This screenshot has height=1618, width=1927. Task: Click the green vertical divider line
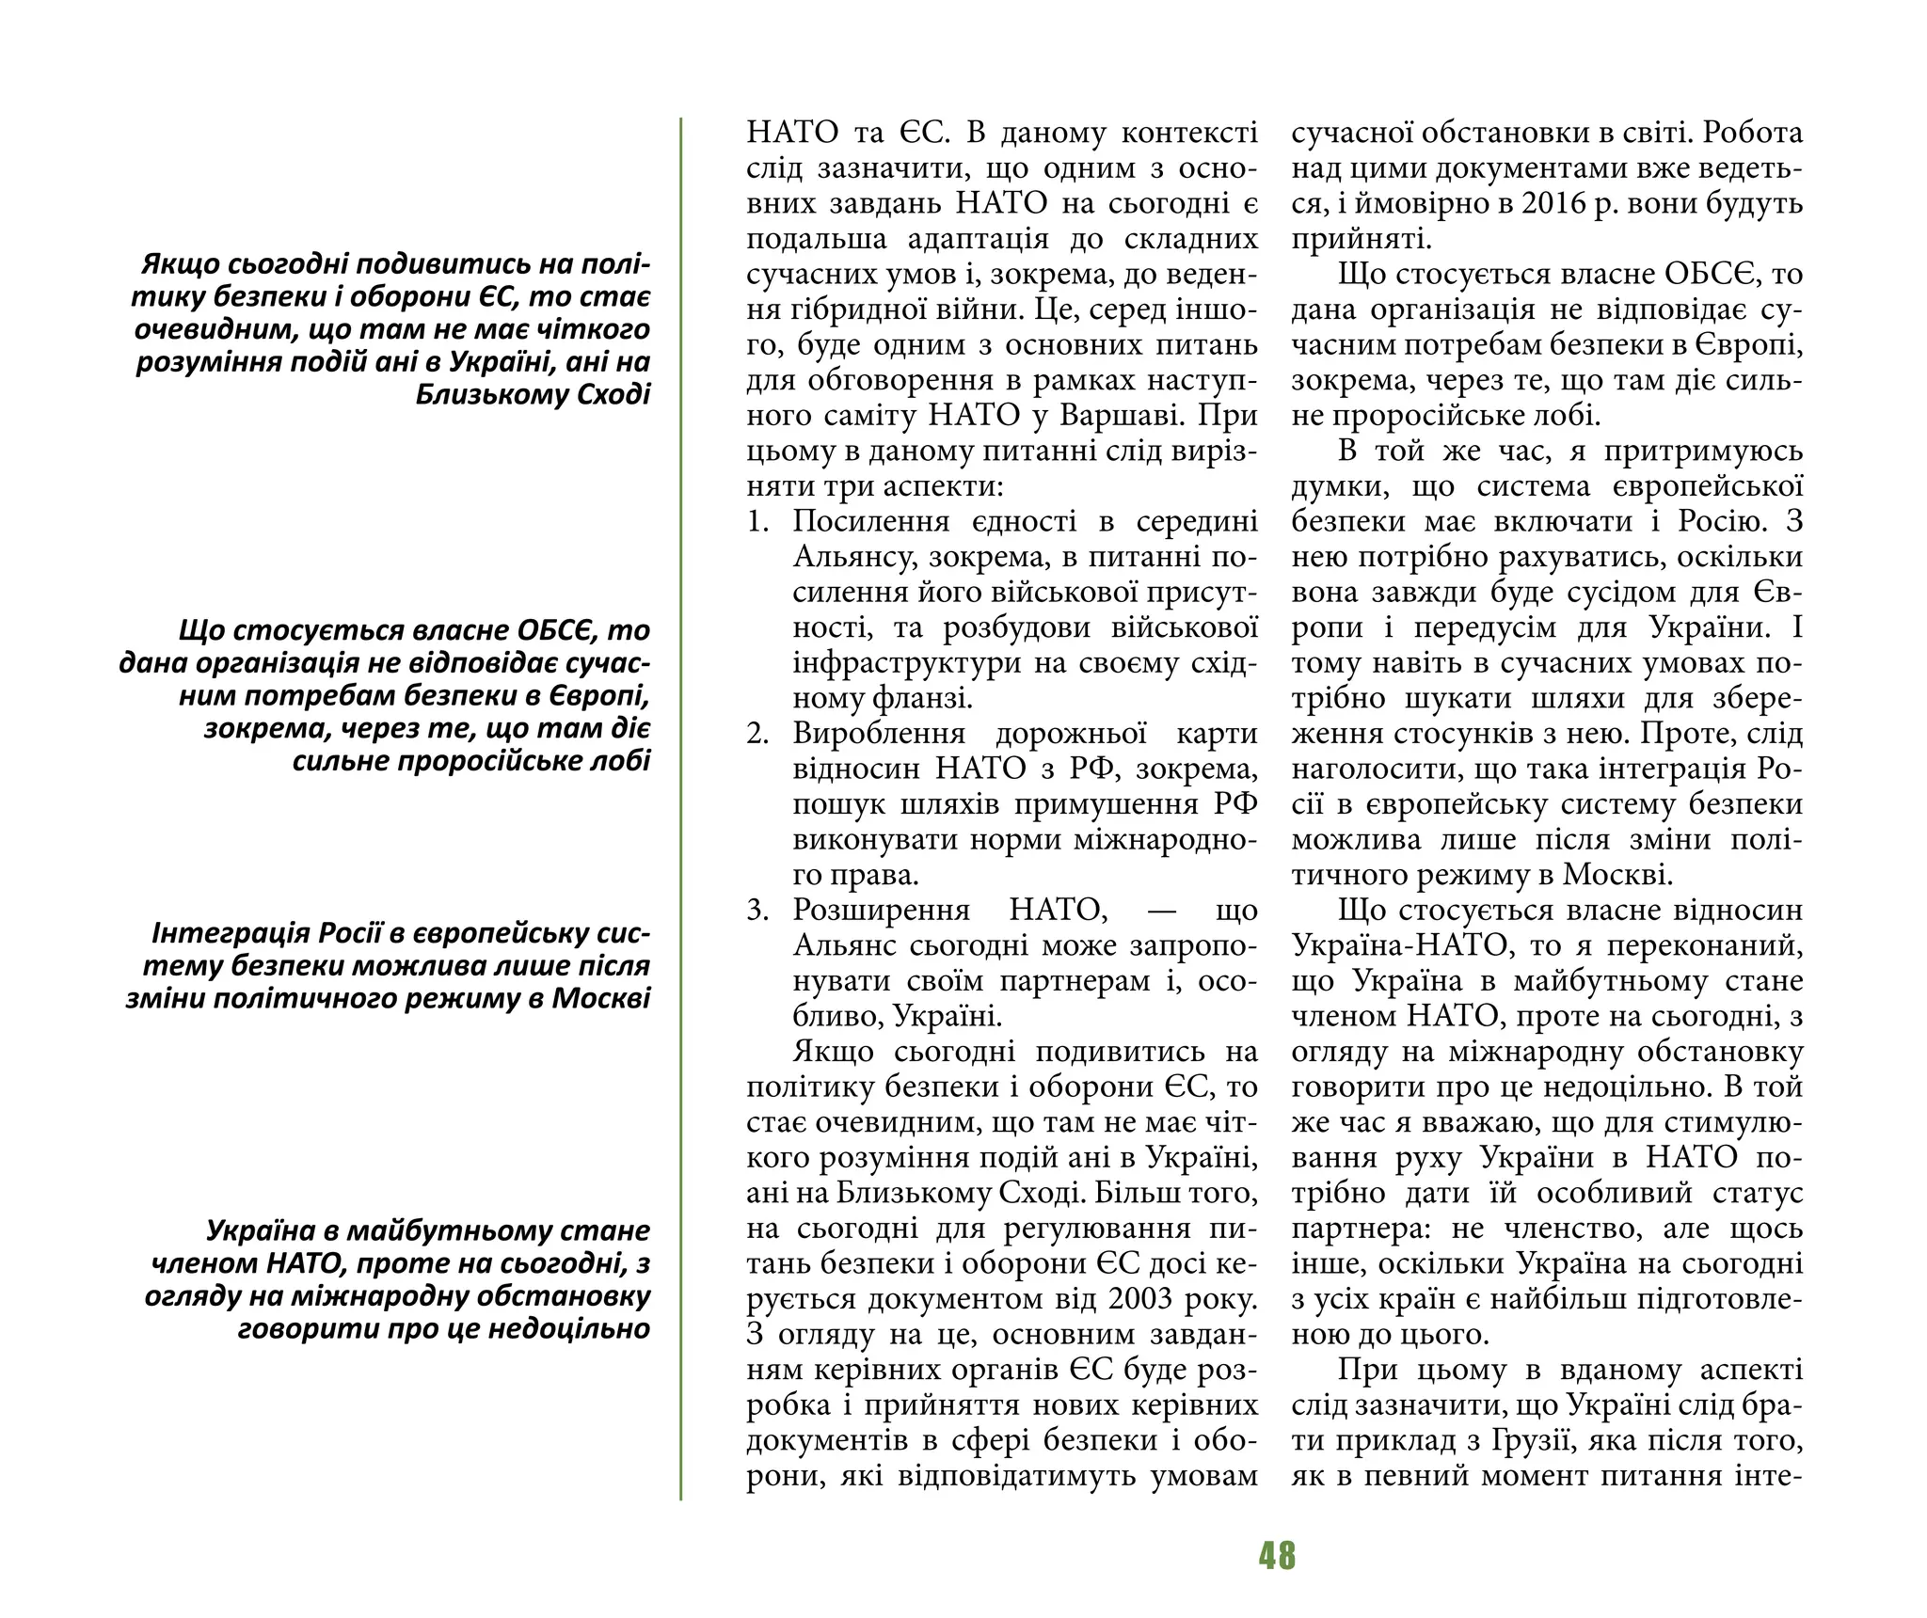[680, 809]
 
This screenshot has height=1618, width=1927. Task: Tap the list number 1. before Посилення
[758, 522]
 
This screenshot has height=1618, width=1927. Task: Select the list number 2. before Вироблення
[758, 734]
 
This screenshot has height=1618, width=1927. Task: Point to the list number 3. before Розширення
[758, 911]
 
